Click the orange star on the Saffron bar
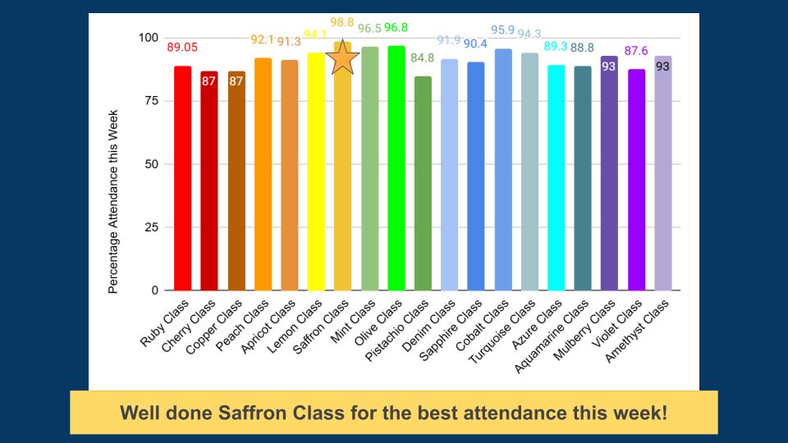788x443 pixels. (343, 58)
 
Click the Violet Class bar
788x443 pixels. (636, 180)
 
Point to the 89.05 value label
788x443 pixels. (183, 47)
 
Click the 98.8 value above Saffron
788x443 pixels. (343, 22)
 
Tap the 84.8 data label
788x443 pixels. (423, 58)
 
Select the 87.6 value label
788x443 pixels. (636, 51)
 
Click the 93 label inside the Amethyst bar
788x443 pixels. (662, 66)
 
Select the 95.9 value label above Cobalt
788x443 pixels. (502, 30)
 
